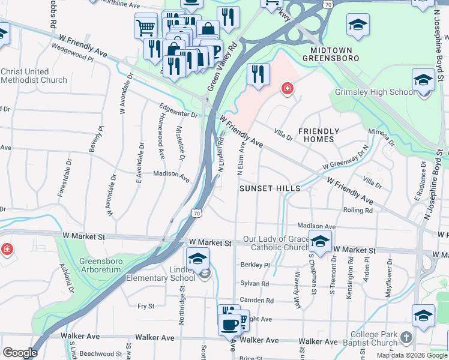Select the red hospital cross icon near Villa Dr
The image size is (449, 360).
coord(288,89)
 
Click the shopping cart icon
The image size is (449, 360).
coord(145,27)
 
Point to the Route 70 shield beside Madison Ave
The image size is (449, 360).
coord(197,213)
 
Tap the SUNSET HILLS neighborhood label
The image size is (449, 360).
coord(270,188)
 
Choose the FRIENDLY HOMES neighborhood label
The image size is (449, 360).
coord(319,135)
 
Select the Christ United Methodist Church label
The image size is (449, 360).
coord(34,76)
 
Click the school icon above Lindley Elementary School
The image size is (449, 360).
coord(197,259)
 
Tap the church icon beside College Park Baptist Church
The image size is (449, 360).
coord(406,338)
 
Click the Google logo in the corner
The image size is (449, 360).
coord(20,352)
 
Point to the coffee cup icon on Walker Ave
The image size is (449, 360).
coord(229,326)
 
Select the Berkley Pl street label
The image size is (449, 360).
coord(255,265)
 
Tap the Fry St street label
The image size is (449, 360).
coord(146,306)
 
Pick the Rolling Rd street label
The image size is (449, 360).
coord(358,211)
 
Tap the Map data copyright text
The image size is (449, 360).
coord(412,355)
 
